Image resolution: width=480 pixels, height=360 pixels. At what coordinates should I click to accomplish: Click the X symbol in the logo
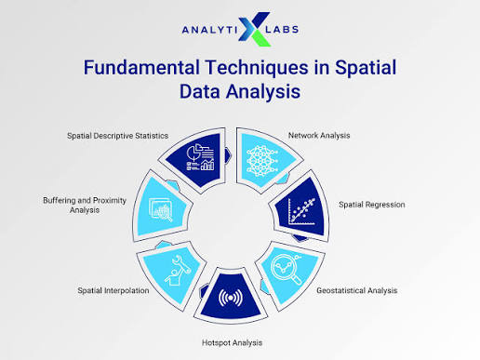(254, 29)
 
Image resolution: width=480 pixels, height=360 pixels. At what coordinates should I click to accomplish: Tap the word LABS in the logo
(282, 30)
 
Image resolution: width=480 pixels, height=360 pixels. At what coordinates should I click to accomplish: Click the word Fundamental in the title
(141, 67)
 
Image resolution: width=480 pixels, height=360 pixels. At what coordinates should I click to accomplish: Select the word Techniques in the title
(257, 68)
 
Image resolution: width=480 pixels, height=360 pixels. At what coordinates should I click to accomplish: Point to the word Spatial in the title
(366, 68)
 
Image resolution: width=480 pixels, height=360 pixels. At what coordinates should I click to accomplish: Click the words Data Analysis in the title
(240, 92)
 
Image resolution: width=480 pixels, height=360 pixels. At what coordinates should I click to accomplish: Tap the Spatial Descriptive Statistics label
(118, 136)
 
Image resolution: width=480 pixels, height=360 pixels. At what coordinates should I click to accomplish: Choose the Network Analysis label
(319, 136)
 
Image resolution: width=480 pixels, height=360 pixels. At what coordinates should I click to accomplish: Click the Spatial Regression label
(372, 205)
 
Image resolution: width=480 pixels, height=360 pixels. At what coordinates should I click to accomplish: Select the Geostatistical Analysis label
(357, 290)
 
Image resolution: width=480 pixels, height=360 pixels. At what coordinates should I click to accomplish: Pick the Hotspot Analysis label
(232, 342)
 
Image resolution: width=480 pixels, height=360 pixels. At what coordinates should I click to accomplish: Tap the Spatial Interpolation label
(113, 290)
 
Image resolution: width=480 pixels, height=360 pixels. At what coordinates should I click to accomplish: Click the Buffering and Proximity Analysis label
(85, 206)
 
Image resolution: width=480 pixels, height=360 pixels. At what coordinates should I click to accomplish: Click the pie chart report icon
(200, 157)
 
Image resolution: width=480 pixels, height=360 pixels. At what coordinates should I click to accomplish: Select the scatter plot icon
(301, 212)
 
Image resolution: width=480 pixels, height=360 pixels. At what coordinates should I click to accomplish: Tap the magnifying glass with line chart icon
(287, 269)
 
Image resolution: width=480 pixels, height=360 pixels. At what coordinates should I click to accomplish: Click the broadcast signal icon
(231, 298)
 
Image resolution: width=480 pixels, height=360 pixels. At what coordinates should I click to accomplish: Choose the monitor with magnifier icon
(161, 209)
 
